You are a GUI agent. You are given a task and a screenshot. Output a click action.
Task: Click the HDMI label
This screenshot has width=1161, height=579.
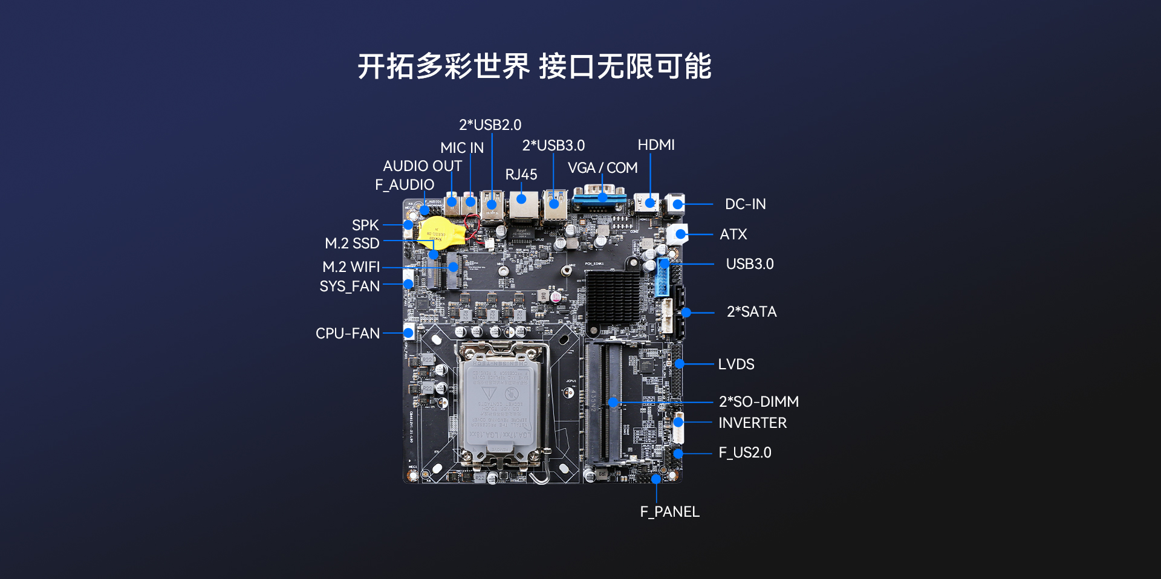[x=656, y=145]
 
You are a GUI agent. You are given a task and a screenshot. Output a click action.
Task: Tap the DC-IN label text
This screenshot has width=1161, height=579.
[x=746, y=204]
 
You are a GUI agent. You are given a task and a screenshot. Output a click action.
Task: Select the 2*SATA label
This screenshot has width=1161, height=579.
[x=752, y=312]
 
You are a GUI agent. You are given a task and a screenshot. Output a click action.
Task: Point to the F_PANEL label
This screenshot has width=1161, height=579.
[x=670, y=512]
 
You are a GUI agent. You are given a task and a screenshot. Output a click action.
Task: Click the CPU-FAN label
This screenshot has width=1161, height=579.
[x=348, y=334]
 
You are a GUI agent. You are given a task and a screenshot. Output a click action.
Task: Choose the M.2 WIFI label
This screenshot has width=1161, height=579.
[x=351, y=267]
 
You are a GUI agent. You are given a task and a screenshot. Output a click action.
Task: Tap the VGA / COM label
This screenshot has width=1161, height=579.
[x=603, y=168]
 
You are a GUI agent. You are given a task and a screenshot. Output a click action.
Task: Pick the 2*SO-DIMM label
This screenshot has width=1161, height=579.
[x=759, y=402]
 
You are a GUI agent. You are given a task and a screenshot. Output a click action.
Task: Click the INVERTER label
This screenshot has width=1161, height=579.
[x=753, y=423]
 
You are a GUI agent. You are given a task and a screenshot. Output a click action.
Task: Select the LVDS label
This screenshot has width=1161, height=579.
[x=737, y=364]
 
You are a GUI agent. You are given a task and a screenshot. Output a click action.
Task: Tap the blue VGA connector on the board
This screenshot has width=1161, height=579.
[x=599, y=198]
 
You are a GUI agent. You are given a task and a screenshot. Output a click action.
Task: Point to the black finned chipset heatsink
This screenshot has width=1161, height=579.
[x=613, y=297]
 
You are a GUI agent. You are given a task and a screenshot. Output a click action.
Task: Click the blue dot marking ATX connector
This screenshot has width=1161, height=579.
[x=681, y=234]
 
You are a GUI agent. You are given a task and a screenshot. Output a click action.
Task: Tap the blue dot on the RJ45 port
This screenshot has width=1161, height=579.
[x=521, y=198]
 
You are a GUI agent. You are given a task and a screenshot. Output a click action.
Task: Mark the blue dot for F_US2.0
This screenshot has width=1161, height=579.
[x=678, y=453]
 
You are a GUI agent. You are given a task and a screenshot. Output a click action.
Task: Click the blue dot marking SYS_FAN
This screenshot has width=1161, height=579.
[x=408, y=284]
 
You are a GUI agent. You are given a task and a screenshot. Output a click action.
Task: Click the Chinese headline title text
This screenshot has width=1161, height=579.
[x=535, y=66]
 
